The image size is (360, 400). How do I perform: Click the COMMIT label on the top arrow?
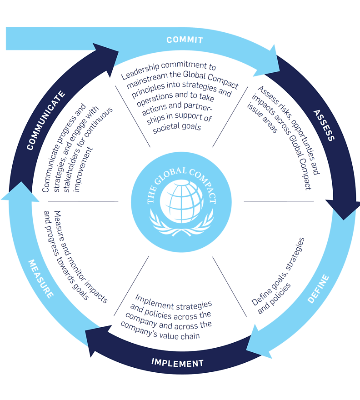185,40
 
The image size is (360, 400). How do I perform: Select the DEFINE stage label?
318,289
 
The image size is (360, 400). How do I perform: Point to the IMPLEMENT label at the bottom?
177,363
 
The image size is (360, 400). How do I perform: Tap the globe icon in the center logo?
181,200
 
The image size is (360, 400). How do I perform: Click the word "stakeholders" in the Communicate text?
81,141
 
